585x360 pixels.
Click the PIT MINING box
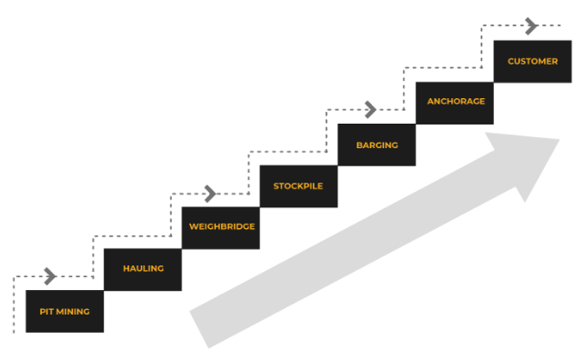coord(65,311)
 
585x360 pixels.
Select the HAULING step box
coord(143,269)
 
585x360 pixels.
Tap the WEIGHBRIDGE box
coord(221,227)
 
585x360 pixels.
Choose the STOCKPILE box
coord(298,186)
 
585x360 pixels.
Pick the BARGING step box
coord(377,145)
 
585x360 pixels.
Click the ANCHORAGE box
coord(455,102)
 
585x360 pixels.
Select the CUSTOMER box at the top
coord(532,61)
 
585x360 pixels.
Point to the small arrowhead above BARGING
coord(369,110)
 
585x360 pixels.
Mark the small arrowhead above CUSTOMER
coord(531,26)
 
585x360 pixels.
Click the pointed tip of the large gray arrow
coord(559,139)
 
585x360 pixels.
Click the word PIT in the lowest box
coord(46,311)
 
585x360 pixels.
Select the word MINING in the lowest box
coord(73,311)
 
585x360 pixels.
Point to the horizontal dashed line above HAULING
coord(132,235)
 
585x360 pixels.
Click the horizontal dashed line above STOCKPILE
coord(287,152)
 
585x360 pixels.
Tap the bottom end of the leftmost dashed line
coord(14,332)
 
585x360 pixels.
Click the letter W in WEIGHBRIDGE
coord(193,227)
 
